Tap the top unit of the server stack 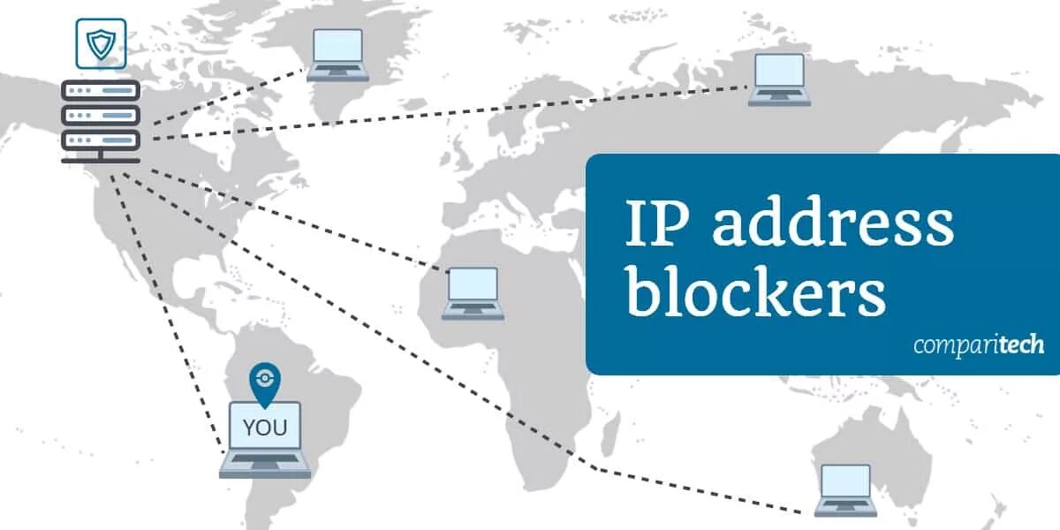click(x=101, y=91)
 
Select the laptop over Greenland click(x=337, y=54)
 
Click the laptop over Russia click(x=778, y=79)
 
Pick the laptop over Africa click(x=473, y=291)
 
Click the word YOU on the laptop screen click(x=264, y=428)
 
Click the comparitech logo click(x=978, y=344)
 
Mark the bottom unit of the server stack click(x=101, y=140)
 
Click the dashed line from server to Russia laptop click(x=442, y=113)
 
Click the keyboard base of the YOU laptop click(x=264, y=465)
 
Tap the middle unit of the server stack click(x=101, y=116)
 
